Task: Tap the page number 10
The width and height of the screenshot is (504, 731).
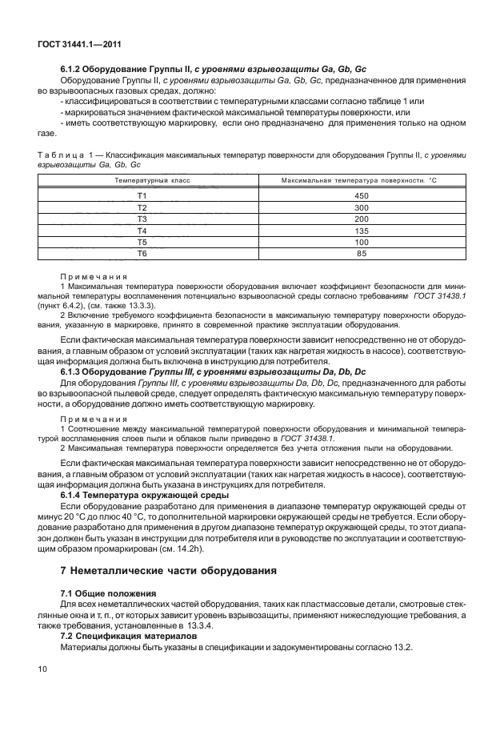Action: click(x=42, y=666)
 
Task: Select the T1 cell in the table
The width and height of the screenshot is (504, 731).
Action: click(x=142, y=195)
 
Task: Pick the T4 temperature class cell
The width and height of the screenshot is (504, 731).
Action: click(x=142, y=230)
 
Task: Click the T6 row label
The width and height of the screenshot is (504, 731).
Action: click(x=142, y=253)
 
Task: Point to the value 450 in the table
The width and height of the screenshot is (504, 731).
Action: click(x=360, y=195)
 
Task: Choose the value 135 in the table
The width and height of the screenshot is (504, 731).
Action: click(x=360, y=230)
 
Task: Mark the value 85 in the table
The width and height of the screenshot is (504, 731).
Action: click(x=360, y=253)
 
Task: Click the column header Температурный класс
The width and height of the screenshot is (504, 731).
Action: click(x=142, y=182)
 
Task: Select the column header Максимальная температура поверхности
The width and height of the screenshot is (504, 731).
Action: click(x=359, y=182)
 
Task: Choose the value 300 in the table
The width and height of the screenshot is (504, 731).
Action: click(x=360, y=207)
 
